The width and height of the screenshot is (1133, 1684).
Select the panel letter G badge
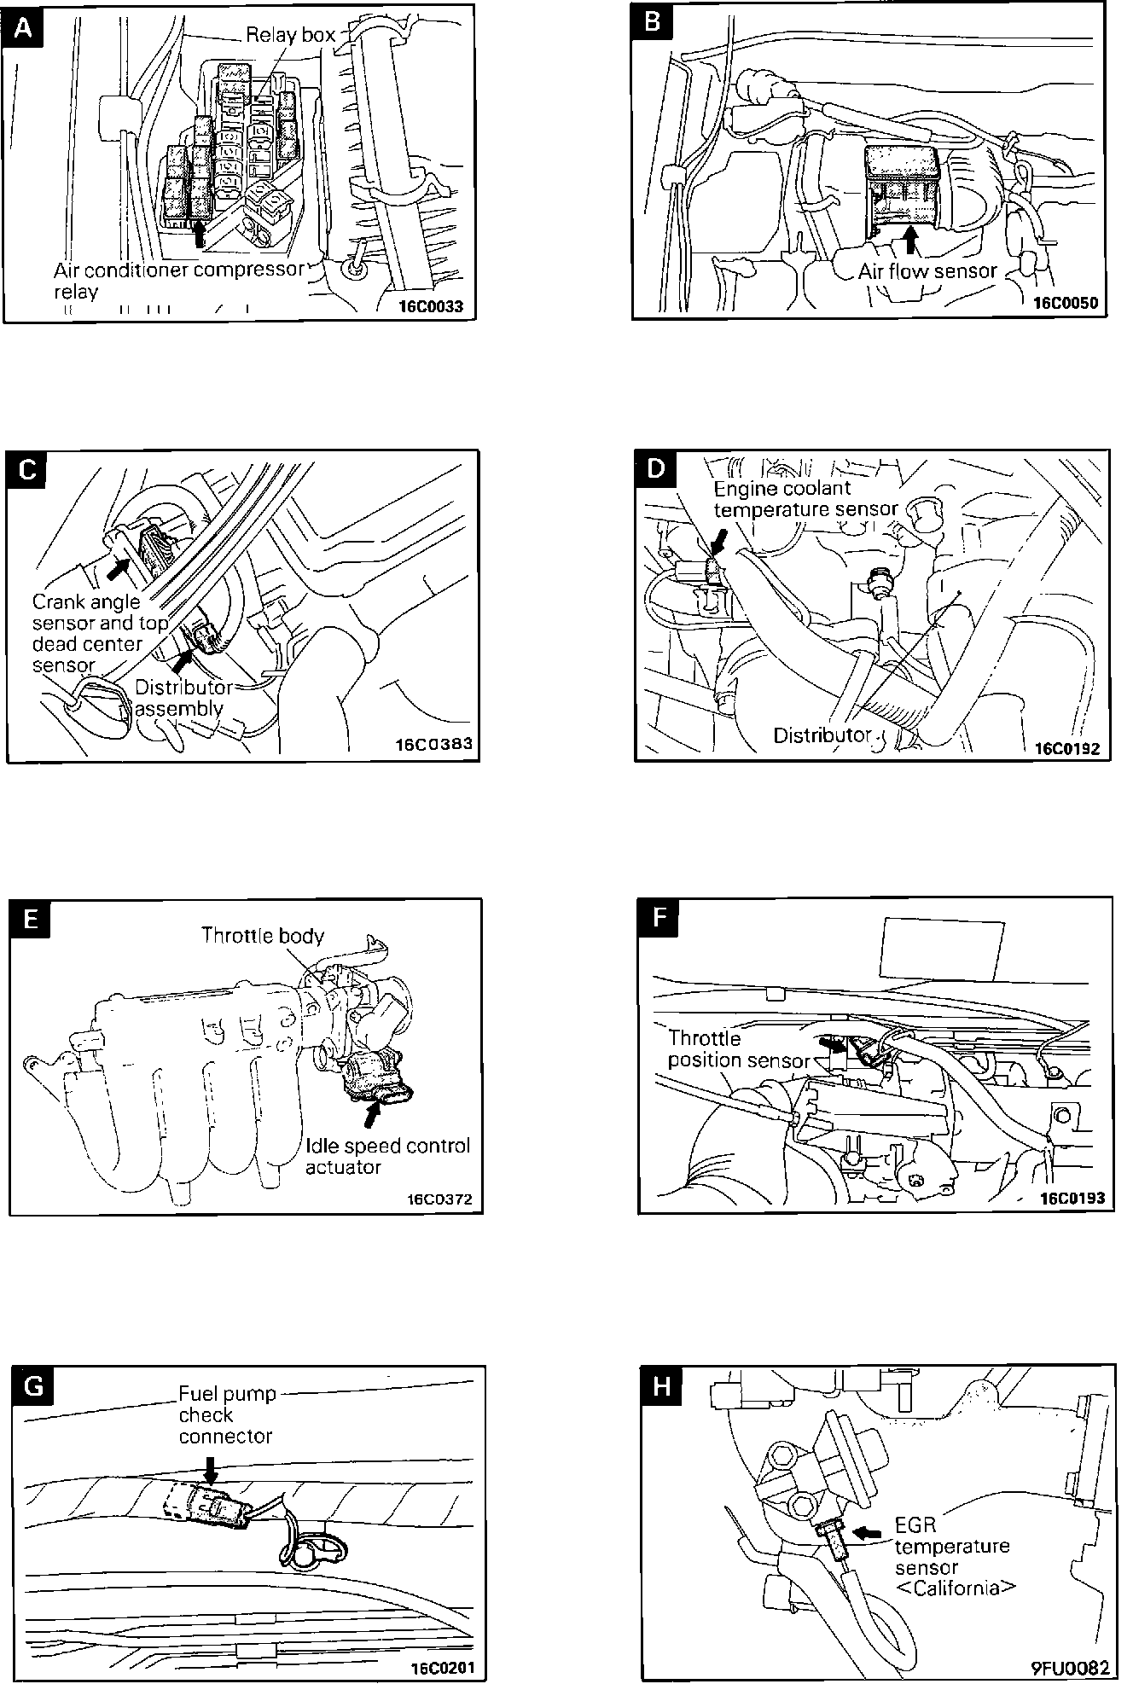(x=33, y=1386)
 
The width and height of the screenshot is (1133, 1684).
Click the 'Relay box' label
(x=290, y=35)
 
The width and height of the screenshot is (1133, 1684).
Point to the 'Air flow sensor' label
(x=927, y=271)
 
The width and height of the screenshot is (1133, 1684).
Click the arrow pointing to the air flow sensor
(x=911, y=240)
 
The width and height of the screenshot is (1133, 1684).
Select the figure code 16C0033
(x=430, y=306)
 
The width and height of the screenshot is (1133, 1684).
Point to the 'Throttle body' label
(x=263, y=936)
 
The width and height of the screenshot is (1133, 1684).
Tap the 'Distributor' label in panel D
(x=822, y=735)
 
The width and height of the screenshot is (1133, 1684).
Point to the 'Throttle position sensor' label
(x=738, y=1049)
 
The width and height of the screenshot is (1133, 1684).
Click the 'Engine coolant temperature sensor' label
(x=805, y=499)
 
